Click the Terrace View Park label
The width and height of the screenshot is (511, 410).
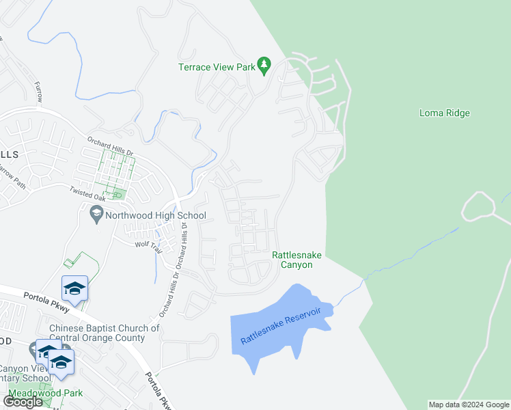tap(216, 67)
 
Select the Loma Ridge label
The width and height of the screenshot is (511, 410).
tap(444, 113)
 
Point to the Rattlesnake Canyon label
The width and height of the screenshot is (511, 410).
tap(296, 260)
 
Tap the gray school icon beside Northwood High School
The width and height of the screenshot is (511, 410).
tap(96, 216)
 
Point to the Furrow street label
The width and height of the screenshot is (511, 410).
tap(38, 92)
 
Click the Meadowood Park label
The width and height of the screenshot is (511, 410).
tap(45, 393)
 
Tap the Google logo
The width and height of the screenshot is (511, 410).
tap(23, 401)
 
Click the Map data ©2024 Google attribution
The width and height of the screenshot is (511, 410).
tap(469, 405)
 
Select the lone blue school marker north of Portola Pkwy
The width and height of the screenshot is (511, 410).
tap(74, 288)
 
